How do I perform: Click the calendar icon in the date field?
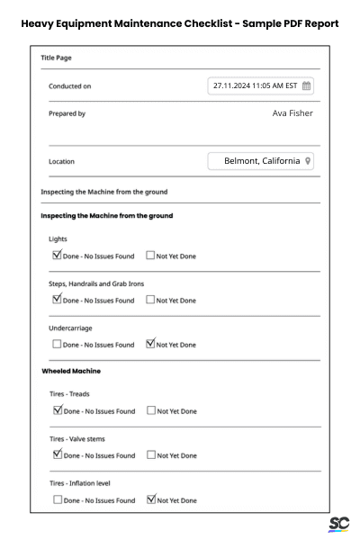pyautogui.click(x=306, y=85)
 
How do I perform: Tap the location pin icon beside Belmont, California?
pyautogui.click(x=308, y=161)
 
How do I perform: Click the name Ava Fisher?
pyautogui.click(x=292, y=113)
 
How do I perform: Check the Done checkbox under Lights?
pyautogui.click(x=58, y=256)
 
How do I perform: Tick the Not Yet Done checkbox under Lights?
pyautogui.click(x=150, y=256)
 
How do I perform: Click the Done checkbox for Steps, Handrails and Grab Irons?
pyautogui.click(x=58, y=300)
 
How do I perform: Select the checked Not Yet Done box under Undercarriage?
pyautogui.click(x=150, y=344)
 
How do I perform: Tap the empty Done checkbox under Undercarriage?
pyautogui.click(x=58, y=344)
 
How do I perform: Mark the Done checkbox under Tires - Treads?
pyautogui.click(x=58, y=411)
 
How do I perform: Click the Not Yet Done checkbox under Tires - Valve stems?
pyautogui.click(x=150, y=455)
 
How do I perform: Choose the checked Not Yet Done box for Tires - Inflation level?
pyautogui.click(x=150, y=499)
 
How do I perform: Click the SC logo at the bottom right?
pyautogui.click(x=339, y=524)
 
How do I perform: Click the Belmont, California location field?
pyautogui.click(x=261, y=161)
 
